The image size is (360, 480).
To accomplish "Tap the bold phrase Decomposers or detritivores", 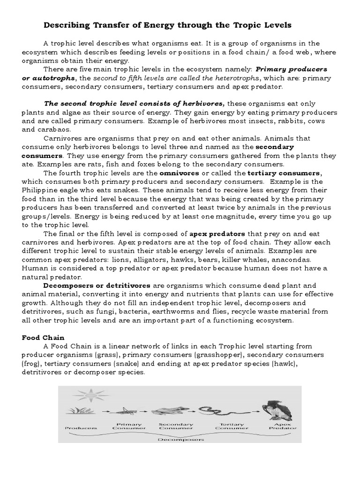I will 97,285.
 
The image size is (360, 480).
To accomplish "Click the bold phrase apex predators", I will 217,233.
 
